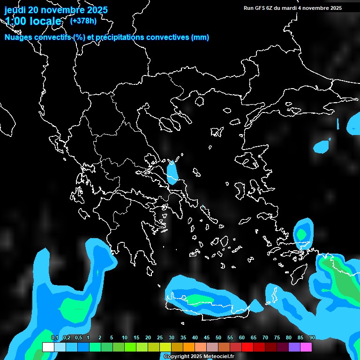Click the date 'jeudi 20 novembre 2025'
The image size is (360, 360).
56,10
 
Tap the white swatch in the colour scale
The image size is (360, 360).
48,347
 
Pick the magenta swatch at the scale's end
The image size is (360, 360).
306,347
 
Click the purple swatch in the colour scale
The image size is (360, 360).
294,347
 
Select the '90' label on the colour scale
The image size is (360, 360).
312,338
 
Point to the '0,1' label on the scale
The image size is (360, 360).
55,338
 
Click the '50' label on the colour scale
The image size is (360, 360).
218,338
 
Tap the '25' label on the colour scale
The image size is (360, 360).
160,338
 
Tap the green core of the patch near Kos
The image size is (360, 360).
300,233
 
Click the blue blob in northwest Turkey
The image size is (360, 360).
322,147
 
